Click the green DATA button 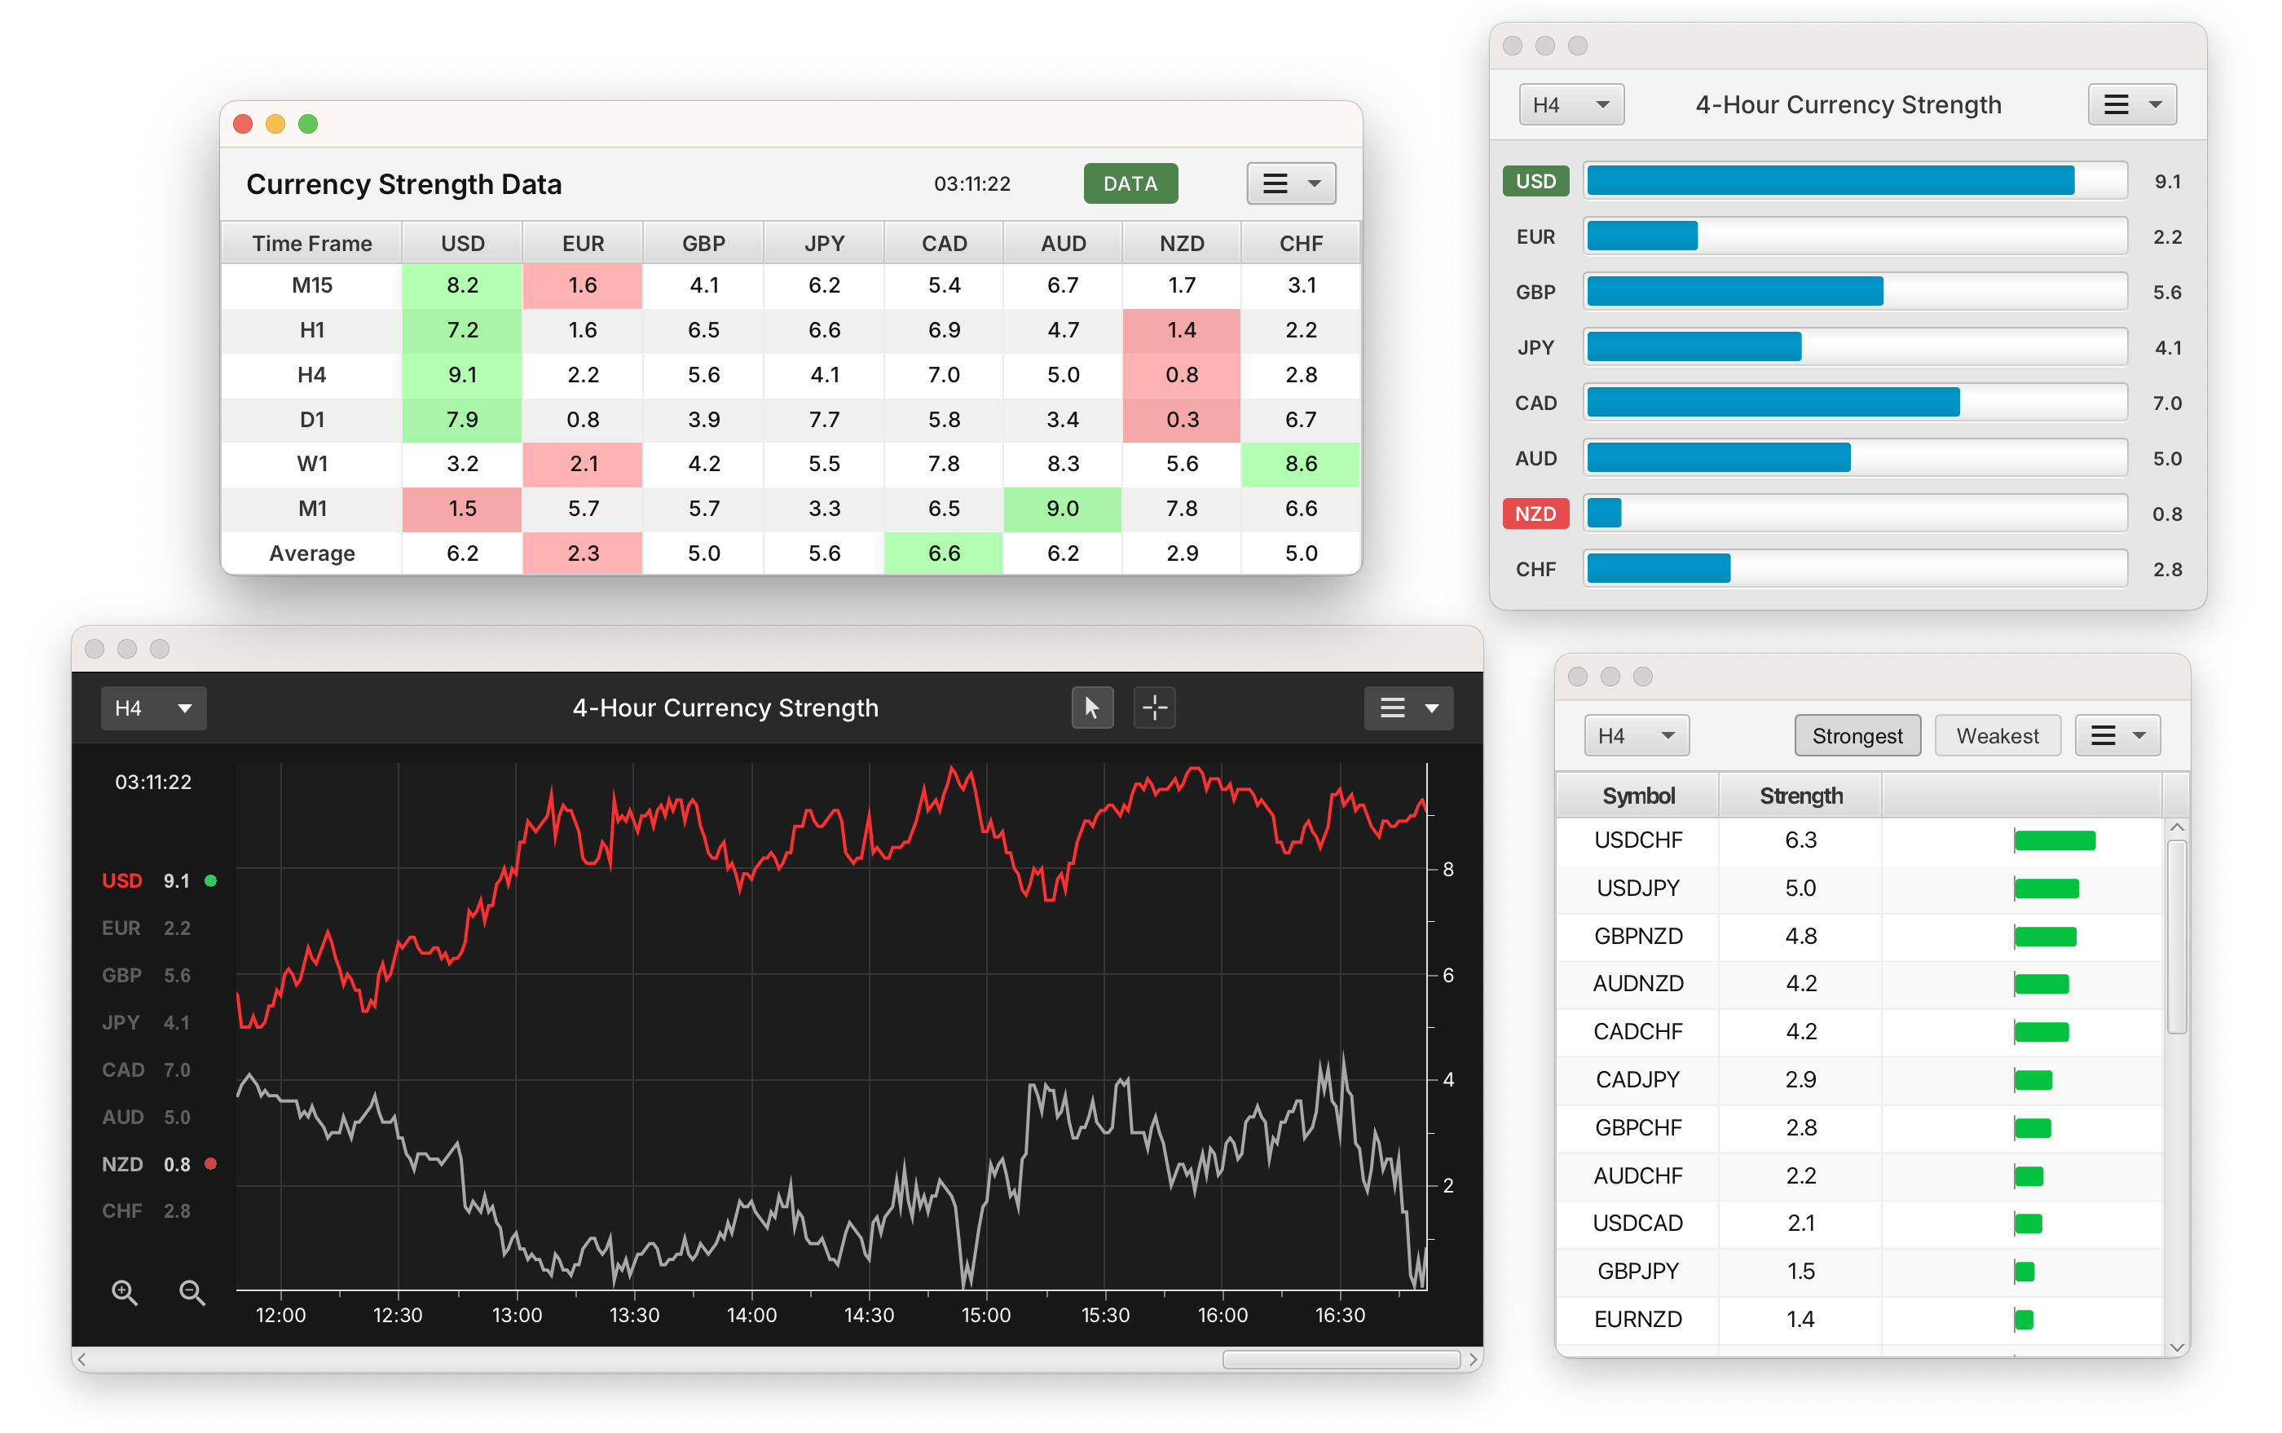point(1130,184)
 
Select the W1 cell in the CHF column point(1300,464)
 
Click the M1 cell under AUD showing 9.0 point(1062,509)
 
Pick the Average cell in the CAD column point(944,553)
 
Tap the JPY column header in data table point(823,244)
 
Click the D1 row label point(312,419)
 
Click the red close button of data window point(243,124)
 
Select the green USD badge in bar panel point(1535,181)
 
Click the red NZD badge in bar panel point(1535,514)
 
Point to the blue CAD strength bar point(1772,403)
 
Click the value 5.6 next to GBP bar point(2166,292)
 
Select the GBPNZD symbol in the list point(1637,937)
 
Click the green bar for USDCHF point(2054,840)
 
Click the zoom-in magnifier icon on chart point(124,1292)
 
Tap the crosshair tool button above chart point(1154,708)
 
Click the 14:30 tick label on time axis point(868,1316)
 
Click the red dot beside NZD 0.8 point(210,1164)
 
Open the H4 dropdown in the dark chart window point(153,708)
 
